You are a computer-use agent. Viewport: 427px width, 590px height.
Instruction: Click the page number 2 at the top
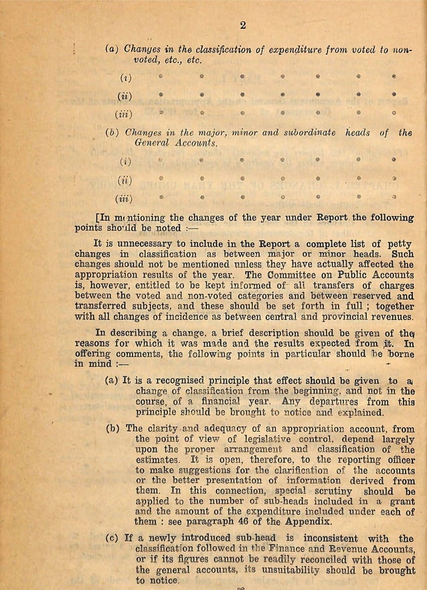click(x=243, y=25)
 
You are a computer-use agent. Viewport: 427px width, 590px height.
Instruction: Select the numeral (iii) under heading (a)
click(x=125, y=113)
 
